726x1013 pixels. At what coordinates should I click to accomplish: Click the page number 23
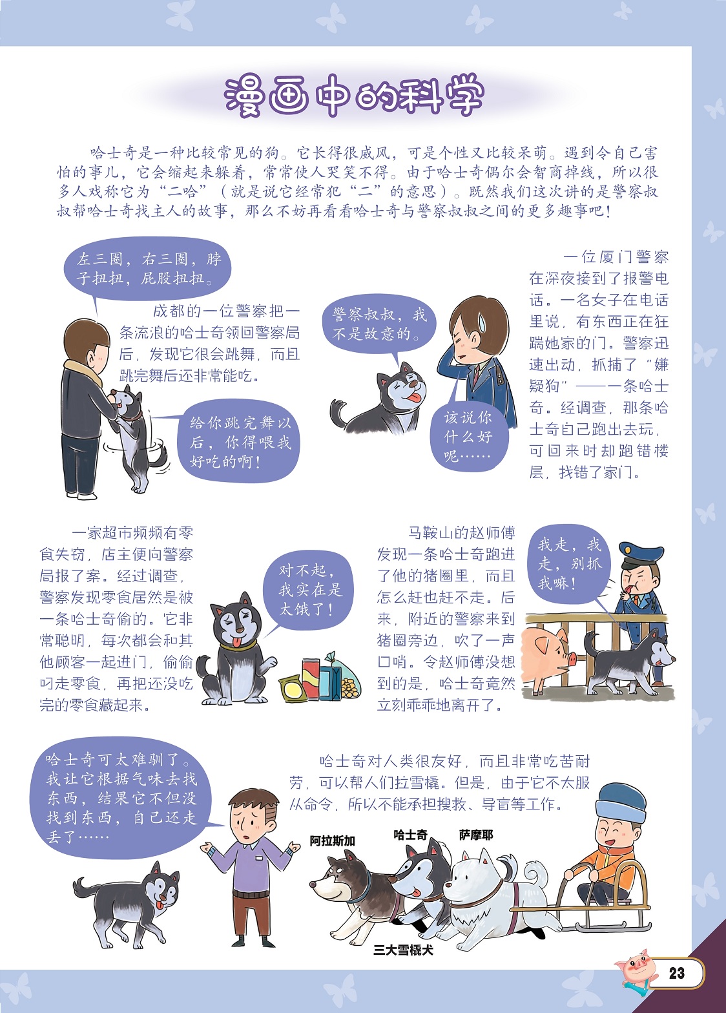pyautogui.click(x=676, y=973)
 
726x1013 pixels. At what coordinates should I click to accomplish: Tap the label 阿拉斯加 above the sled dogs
pyautogui.click(x=332, y=841)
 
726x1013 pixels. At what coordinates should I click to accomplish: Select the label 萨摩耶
pyautogui.click(x=476, y=835)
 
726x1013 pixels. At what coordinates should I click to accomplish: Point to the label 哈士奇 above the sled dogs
pyautogui.click(x=410, y=835)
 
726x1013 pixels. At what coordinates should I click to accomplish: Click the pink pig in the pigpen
pyautogui.click(x=548, y=656)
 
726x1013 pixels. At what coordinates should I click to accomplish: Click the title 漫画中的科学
pyautogui.click(x=354, y=96)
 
